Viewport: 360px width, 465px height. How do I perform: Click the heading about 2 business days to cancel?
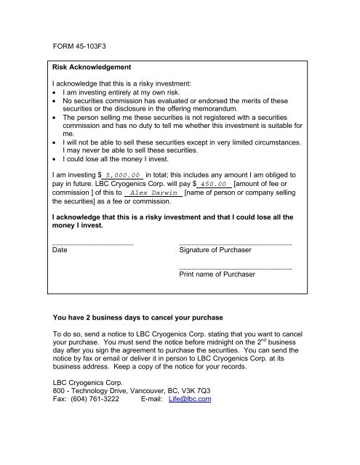(x=135, y=318)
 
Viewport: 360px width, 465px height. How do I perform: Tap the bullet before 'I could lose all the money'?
(x=57, y=157)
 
